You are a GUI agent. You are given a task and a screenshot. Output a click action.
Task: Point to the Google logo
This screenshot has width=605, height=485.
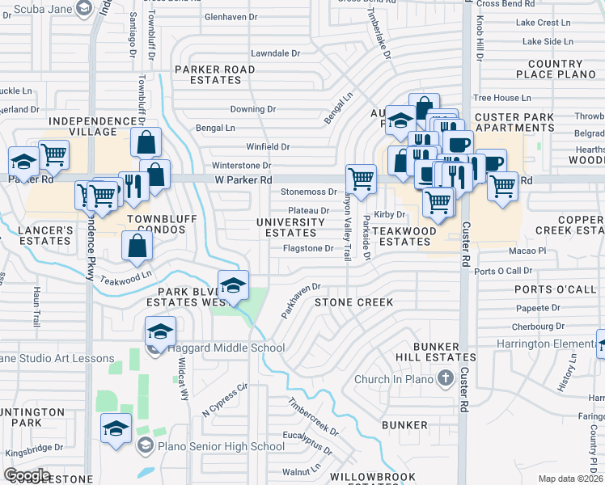(26, 475)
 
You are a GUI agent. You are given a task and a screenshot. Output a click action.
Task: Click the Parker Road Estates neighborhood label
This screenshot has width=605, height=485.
(215, 74)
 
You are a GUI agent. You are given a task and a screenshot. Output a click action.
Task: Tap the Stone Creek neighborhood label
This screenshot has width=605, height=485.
(353, 302)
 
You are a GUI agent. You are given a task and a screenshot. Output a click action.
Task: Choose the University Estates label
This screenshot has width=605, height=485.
(290, 227)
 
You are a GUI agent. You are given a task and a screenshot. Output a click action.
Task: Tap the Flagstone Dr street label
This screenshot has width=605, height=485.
(308, 248)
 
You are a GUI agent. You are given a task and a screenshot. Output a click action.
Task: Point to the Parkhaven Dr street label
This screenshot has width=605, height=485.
(301, 299)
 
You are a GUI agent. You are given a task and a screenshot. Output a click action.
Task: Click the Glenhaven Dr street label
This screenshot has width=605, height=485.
(231, 16)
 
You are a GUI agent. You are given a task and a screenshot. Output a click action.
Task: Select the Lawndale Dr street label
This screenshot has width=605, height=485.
(275, 53)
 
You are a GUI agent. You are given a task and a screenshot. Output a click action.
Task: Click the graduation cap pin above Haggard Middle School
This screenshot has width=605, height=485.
(160, 330)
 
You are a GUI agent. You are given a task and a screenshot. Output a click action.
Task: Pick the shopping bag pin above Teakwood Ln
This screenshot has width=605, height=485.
(137, 245)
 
